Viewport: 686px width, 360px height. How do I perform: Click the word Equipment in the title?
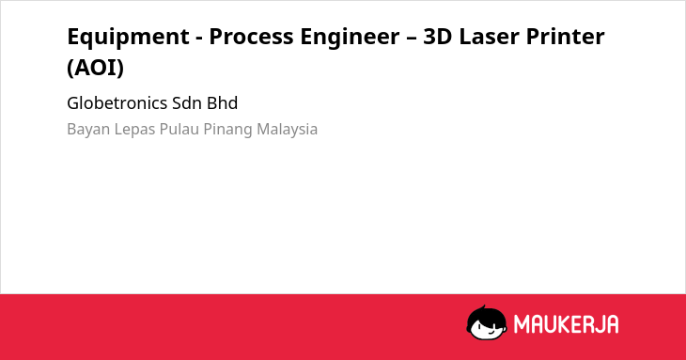[128, 37]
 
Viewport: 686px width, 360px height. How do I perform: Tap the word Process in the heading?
[251, 37]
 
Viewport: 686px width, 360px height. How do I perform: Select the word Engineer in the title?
[350, 37]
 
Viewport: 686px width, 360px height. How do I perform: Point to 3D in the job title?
[438, 37]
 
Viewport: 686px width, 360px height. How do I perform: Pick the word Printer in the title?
[566, 37]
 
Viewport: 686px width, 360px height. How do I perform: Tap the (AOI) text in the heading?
[95, 68]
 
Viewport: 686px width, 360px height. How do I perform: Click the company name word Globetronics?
[117, 103]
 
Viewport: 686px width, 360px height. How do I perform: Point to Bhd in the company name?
[223, 103]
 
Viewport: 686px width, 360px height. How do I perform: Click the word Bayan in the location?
[88, 130]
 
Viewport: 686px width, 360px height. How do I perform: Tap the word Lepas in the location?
[134, 130]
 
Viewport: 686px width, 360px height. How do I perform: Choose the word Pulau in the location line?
[179, 129]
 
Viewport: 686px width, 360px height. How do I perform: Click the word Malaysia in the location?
[287, 130]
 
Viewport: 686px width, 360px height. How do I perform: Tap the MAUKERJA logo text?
[566, 324]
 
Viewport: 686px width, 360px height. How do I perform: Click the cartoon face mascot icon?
[487, 323]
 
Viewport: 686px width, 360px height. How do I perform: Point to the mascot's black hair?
[486, 315]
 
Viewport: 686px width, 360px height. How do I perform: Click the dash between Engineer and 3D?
[411, 38]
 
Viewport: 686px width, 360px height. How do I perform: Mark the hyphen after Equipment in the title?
[199, 38]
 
